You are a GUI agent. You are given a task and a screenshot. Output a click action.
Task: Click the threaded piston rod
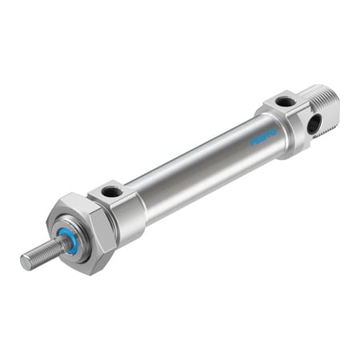[40, 253]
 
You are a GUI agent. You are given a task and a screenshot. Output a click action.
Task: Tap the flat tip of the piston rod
[25, 261]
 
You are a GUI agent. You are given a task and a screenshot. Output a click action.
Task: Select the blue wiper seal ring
[67, 241]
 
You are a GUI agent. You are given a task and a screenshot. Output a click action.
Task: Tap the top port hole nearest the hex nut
[111, 192]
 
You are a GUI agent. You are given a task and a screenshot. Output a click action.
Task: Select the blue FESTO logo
[262, 136]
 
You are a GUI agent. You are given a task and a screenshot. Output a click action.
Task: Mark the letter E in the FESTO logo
[257, 139]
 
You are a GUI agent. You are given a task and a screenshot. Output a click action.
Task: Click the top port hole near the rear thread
[284, 102]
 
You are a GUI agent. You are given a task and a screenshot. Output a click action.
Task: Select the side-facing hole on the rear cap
[313, 123]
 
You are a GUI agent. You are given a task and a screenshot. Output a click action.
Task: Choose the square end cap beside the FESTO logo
[292, 120]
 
